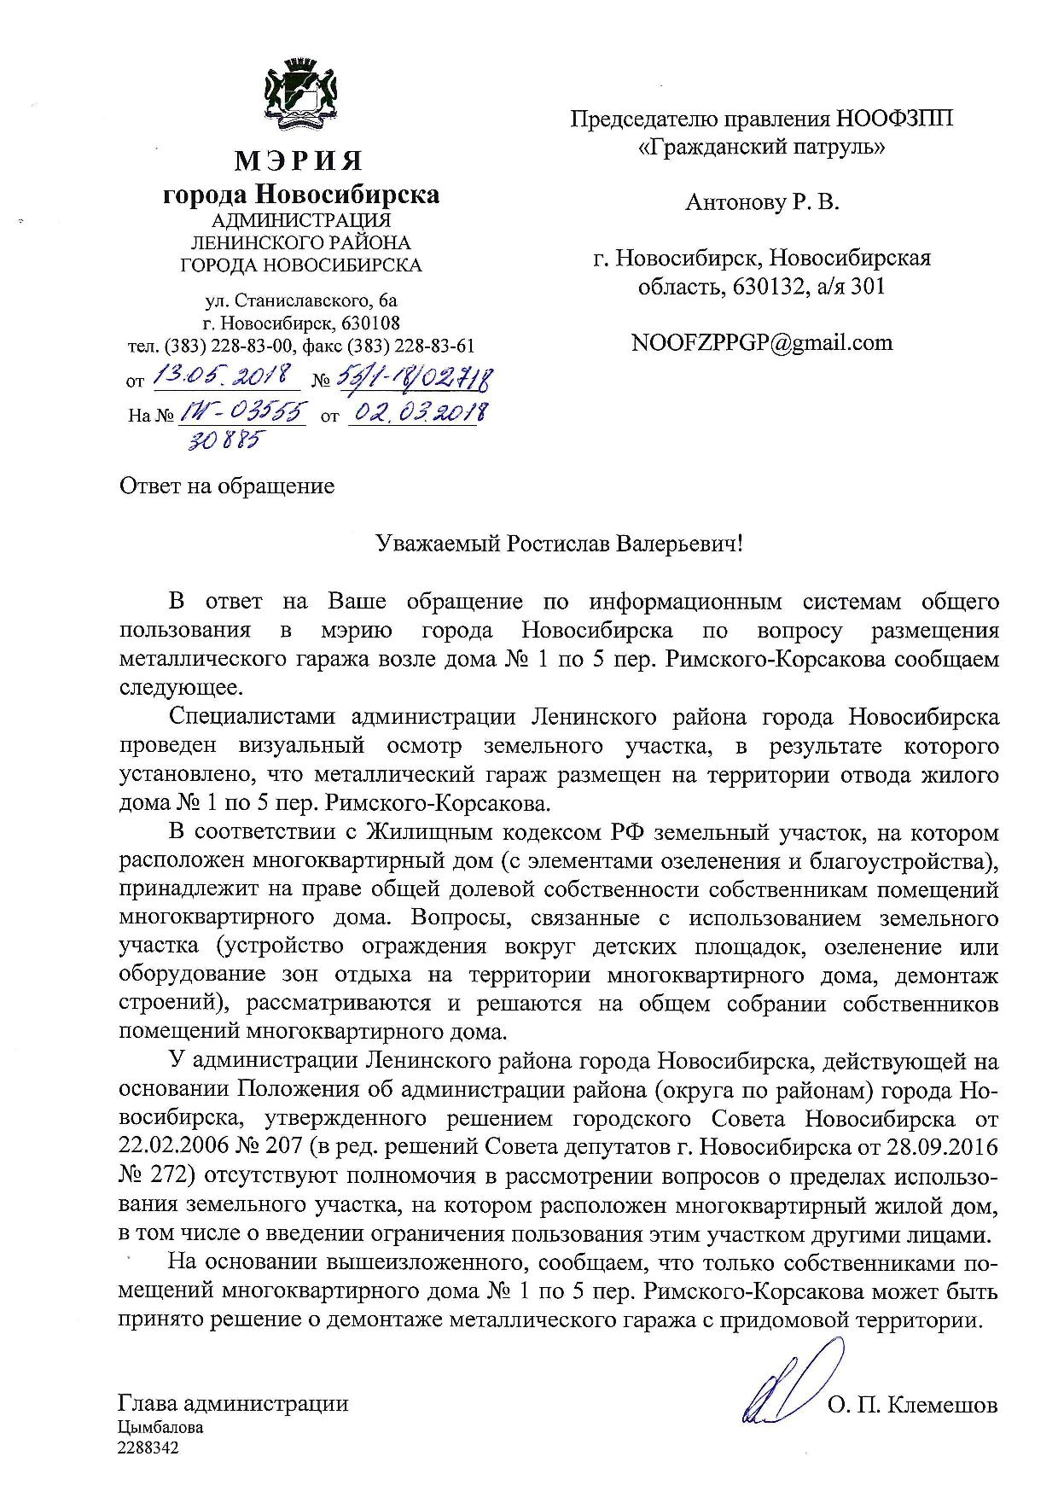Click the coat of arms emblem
pos(300,89)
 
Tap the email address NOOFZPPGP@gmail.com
pos(761,343)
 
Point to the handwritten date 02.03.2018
pos(418,414)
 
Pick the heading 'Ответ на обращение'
pos(226,486)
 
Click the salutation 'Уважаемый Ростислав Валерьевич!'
pos(561,544)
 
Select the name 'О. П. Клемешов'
pos(912,1405)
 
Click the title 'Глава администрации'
pos(233,1403)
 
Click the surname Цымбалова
pos(160,1427)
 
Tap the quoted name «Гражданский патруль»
pos(762,147)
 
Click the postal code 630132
pos(764,286)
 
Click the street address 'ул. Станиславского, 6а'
pos(301,301)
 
